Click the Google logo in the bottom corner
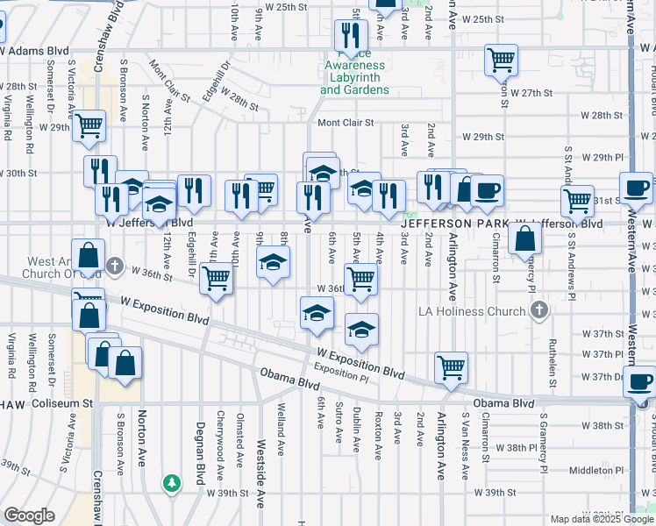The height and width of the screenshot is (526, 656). pos(29,515)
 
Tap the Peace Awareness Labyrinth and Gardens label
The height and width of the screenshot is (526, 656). pos(354,77)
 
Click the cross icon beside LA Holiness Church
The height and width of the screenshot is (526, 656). pos(539,310)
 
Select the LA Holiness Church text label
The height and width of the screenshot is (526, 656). pos(472,311)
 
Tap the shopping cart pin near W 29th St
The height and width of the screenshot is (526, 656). pos(89,128)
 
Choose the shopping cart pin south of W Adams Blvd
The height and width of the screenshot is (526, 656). pos(501,60)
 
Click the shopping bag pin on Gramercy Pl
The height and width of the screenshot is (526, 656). pos(524,238)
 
